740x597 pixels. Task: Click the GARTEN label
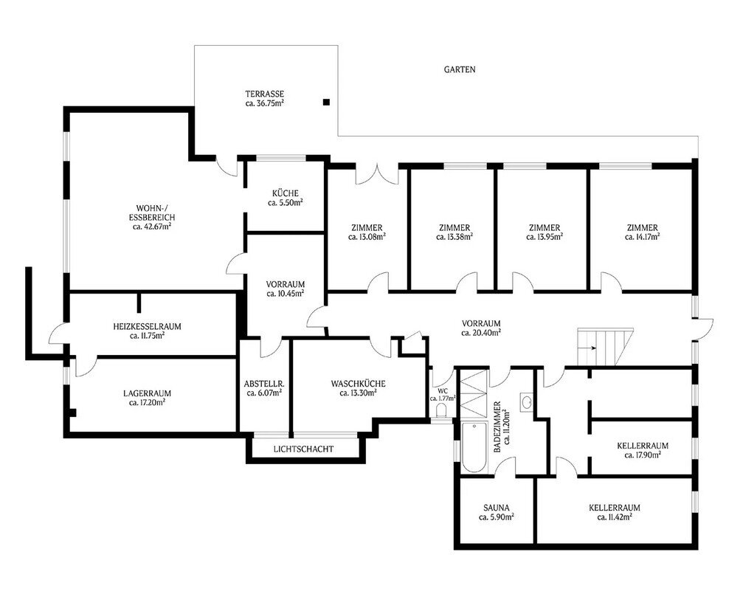pos(459,69)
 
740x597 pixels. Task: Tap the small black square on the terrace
pos(326,101)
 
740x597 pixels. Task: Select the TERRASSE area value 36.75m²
pos(264,103)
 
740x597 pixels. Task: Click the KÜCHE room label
pos(285,193)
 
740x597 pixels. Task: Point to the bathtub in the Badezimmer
pos(474,447)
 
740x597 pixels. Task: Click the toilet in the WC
pos(442,412)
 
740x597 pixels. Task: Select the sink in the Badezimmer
pos(528,401)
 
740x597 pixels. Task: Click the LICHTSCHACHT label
pos(303,449)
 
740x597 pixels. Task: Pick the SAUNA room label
pos(497,508)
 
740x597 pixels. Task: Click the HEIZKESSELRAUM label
pos(148,326)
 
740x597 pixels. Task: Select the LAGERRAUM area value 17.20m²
pos(147,403)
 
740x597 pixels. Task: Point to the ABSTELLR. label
pos(264,383)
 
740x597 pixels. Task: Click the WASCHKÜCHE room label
pos(359,383)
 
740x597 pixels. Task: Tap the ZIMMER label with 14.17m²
pos(643,227)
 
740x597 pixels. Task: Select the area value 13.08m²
pos(367,237)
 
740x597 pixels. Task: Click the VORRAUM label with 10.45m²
pos(285,285)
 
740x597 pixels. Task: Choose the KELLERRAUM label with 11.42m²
pos(615,508)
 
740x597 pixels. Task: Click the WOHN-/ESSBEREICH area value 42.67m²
pos(151,227)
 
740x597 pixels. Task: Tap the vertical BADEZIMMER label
pos(497,427)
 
